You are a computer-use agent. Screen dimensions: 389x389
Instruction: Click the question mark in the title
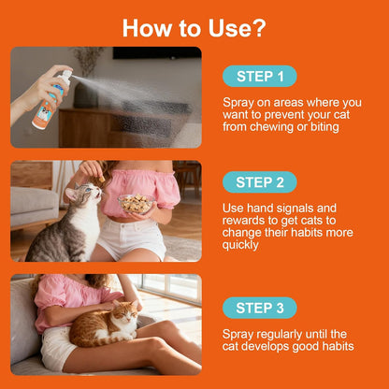tap(258, 28)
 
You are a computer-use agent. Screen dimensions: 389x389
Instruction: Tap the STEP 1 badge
tap(260, 77)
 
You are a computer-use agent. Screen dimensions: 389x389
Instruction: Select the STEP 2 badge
tap(260, 182)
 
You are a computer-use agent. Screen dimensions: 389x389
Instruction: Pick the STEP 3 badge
tap(260, 308)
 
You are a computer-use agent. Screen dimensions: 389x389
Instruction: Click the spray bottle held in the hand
tap(50, 101)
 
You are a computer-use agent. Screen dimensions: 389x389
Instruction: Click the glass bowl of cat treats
tap(137, 204)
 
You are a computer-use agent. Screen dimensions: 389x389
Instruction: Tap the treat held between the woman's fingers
tap(102, 179)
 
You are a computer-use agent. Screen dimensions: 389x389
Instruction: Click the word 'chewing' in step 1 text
tap(278, 127)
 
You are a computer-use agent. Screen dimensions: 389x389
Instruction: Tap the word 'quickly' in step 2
tap(240, 245)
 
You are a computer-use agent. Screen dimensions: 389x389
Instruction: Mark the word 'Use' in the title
tap(228, 28)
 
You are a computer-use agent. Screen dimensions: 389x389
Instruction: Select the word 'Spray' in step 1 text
tap(238, 103)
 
